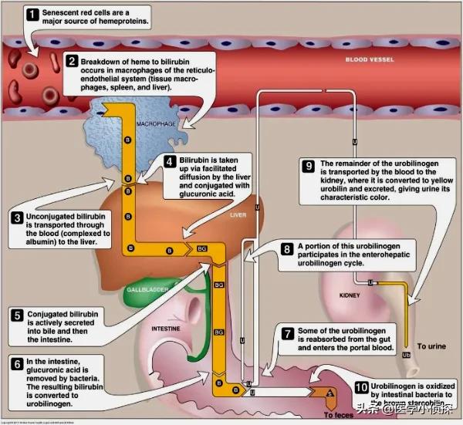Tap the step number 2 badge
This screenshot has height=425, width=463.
click(71, 61)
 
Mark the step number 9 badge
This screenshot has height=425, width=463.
click(307, 164)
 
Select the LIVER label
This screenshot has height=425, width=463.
click(238, 215)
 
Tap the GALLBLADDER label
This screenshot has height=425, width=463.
click(147, 291)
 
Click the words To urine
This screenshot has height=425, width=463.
click(431, 347)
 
